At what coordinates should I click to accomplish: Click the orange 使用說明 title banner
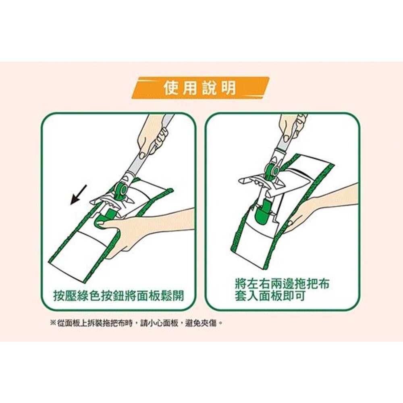point(200,87)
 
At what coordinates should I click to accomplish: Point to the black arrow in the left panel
point(79,194)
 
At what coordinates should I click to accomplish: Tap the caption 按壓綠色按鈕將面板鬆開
point(118,296)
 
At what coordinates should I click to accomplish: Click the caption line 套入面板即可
point(270,296)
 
